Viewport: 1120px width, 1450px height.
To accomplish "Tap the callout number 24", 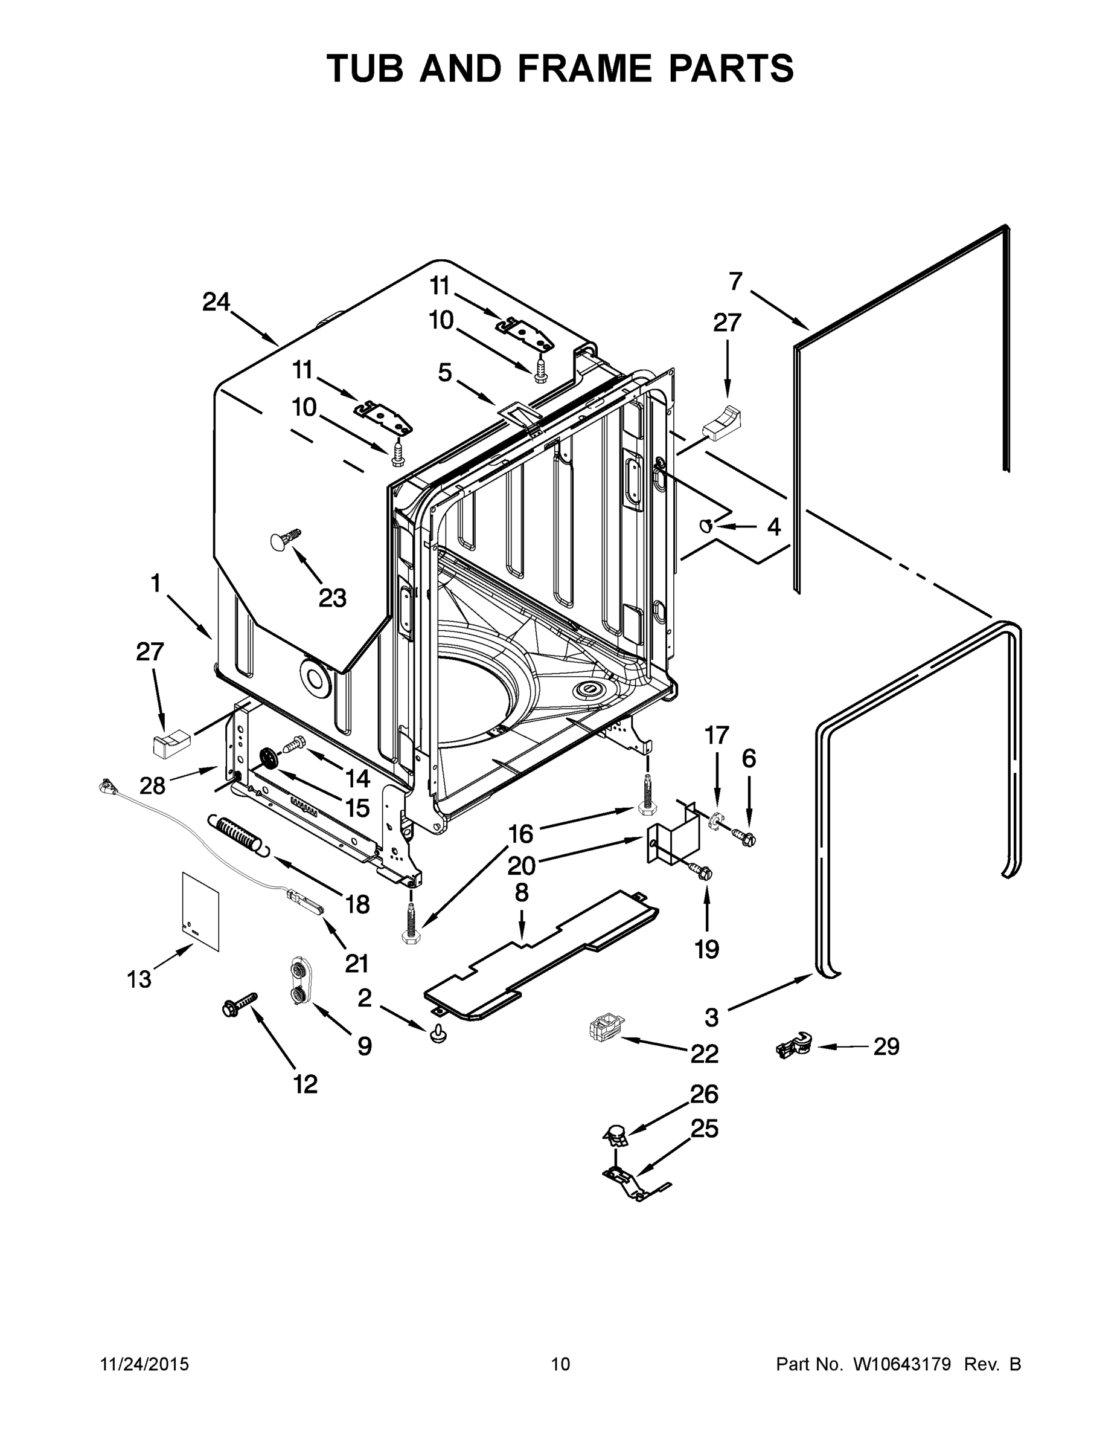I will pyautogui.click(x=216, y=303).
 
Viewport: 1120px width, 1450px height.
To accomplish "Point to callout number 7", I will pyautogui.click(x=735, y=282).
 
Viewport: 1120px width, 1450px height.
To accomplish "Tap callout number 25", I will pyautogui.click(x=705, y=1129).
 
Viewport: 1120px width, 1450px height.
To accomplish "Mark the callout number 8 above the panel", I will pyautogui.click(x=522, y=893).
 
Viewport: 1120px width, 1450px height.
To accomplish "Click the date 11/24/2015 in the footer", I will pyautogui.click(x=144, y=1364).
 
